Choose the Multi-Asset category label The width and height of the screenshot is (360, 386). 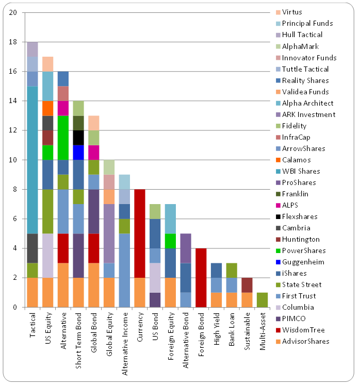coord(263,330)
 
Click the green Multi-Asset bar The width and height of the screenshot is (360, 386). coord(263,300)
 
